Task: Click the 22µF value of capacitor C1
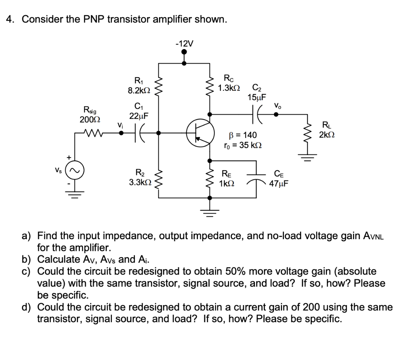click(139, 116)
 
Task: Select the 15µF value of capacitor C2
click(257, 97)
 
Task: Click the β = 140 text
click(242, 135)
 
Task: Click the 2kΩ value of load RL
click(327, 135)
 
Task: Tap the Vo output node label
click(277, 106)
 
